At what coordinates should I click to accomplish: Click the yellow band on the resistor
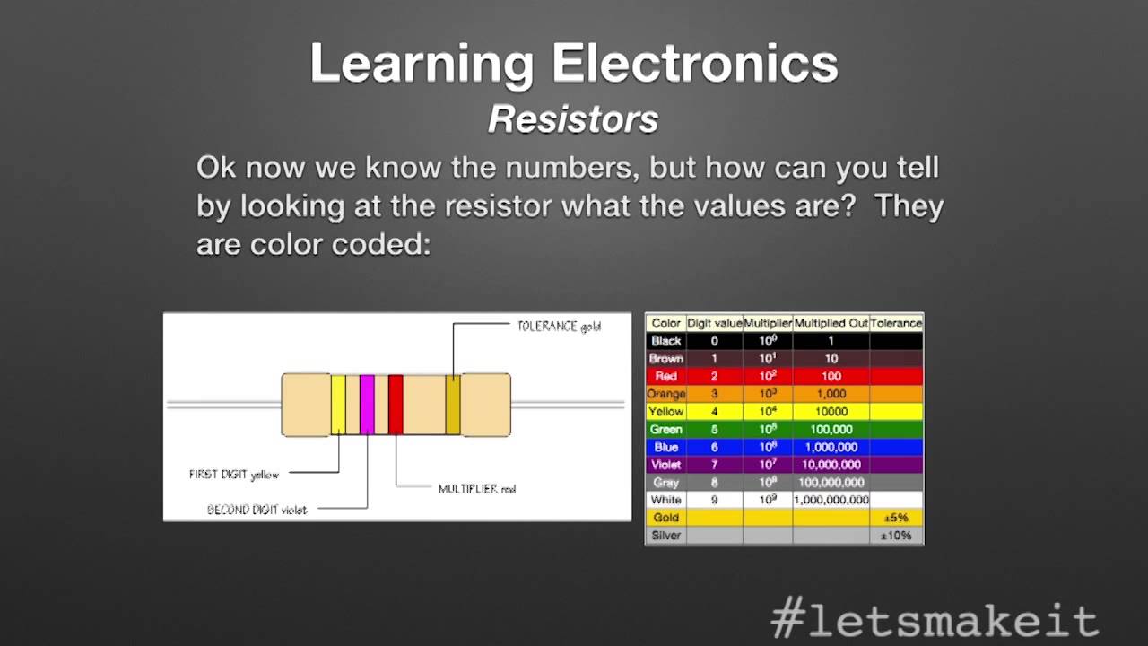338,405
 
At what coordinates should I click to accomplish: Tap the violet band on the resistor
367,405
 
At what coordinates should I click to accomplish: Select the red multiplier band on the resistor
396,405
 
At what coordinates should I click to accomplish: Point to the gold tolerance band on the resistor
453,405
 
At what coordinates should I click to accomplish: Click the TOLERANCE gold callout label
559,327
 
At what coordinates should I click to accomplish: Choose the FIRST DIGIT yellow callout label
234,475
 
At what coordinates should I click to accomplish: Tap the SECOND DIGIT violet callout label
257,510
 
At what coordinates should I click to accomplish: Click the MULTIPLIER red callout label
477,489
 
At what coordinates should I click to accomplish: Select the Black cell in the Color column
666,341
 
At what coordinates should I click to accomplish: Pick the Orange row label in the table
666,394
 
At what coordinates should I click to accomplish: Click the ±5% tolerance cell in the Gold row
896,518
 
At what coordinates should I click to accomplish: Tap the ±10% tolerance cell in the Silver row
896,536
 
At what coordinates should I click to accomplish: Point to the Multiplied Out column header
831,323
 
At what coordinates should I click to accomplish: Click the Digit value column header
714,323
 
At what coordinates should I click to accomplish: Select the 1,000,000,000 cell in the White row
831,500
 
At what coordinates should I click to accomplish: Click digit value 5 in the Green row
714,430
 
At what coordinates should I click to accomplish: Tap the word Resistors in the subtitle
573,119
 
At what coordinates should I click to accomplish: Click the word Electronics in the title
694,65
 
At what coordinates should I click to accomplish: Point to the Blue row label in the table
666,447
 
